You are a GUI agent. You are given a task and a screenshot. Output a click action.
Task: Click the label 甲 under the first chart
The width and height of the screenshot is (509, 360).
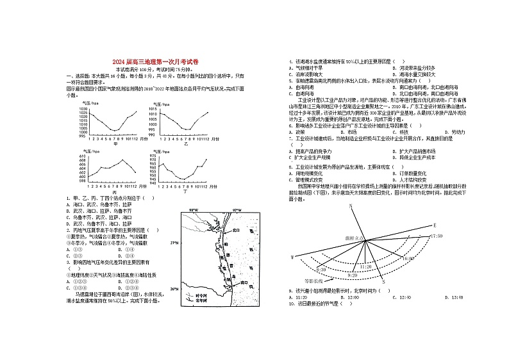pos(115,144)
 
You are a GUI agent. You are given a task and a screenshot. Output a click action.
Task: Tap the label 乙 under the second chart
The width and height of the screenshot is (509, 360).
pos(186,144)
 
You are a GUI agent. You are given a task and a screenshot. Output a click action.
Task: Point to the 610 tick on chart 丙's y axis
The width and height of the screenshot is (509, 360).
pos(83,156)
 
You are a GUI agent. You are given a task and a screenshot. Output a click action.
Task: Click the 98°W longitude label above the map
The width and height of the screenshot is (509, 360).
pos(194,209)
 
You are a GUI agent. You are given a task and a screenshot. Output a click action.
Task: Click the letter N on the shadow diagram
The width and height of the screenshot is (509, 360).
pos(351,206)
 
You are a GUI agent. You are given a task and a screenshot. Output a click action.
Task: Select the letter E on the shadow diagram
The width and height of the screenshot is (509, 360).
pos(434,225)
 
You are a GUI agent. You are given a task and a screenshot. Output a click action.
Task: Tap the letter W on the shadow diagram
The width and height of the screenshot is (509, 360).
pos(292,256)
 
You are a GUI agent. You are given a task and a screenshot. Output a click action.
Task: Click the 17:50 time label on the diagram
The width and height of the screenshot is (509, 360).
pos(436,236)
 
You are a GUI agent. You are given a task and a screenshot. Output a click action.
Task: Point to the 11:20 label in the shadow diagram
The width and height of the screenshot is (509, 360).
pos(366,265)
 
